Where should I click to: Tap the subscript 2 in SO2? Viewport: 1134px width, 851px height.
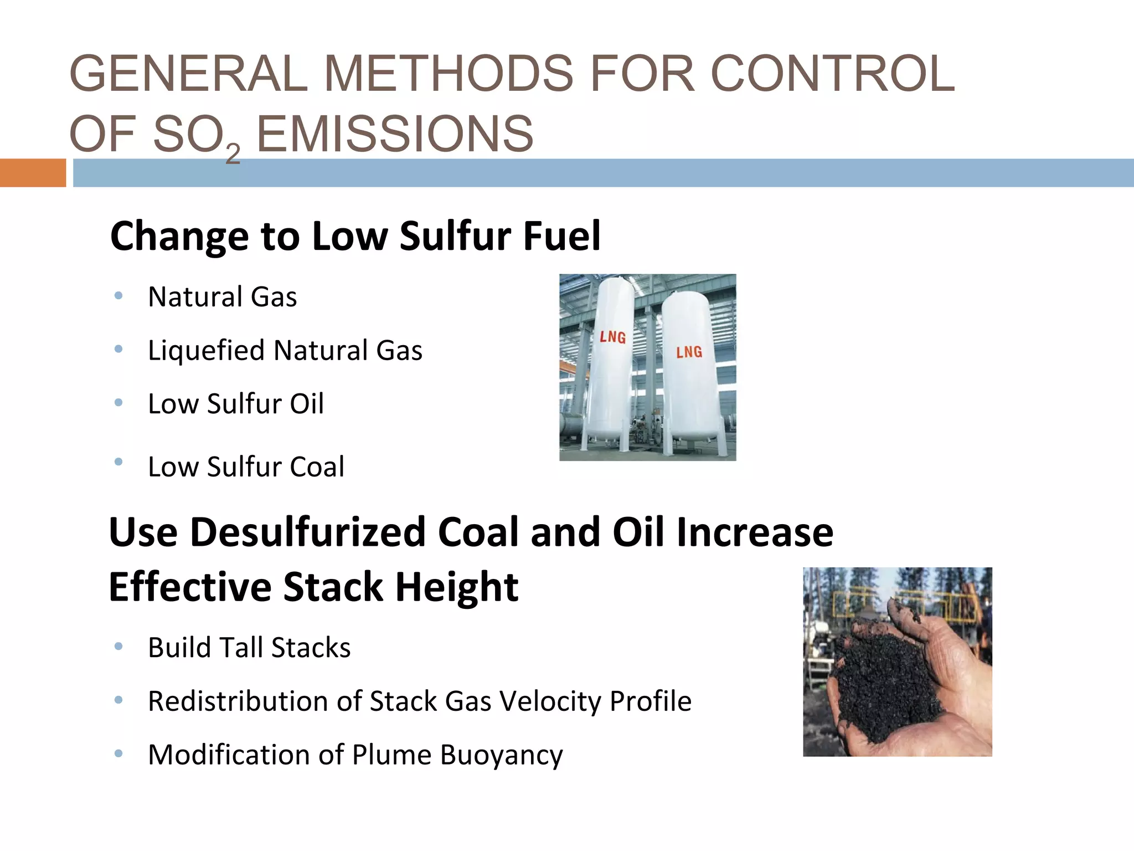[x=233, y=153]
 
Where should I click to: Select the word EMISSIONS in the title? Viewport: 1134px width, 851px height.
[x=395, y=134]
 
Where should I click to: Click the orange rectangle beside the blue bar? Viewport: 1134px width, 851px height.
[x=33, y=173]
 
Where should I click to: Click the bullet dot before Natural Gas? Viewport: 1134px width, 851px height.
[x=118, y=296]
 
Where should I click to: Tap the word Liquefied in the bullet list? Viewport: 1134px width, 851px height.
[x=206, y=351]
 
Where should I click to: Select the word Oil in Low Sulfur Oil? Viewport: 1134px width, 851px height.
[x=307, y=404]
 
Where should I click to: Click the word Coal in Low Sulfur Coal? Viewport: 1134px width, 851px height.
[x=317, y=467]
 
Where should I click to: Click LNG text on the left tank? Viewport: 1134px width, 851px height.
[x=613, y=337]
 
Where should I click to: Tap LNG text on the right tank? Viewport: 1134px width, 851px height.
[x=689, y=352]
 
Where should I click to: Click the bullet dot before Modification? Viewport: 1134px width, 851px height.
[x=118, y=754]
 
